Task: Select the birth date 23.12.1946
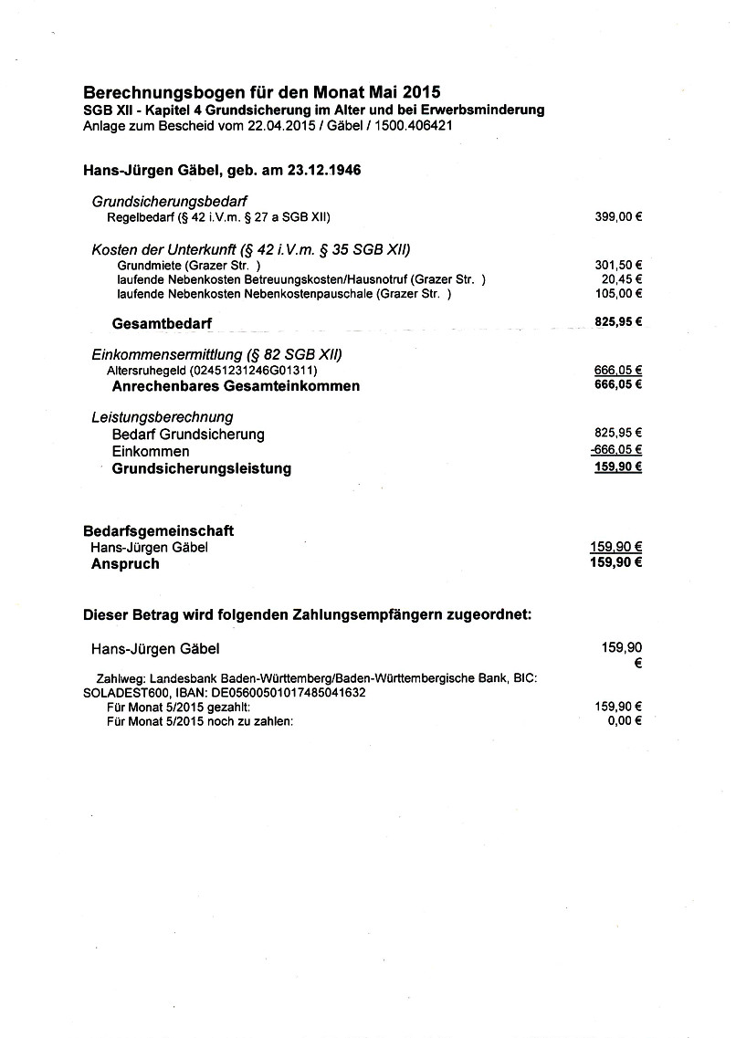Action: pos(333,171)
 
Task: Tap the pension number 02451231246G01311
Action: pos(253,370)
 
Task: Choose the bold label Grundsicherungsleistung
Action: pos(201,468)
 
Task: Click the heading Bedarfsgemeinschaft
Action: pos(158,530)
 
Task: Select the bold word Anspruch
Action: pos(125,563)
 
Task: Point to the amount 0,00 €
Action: pos(626,720)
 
